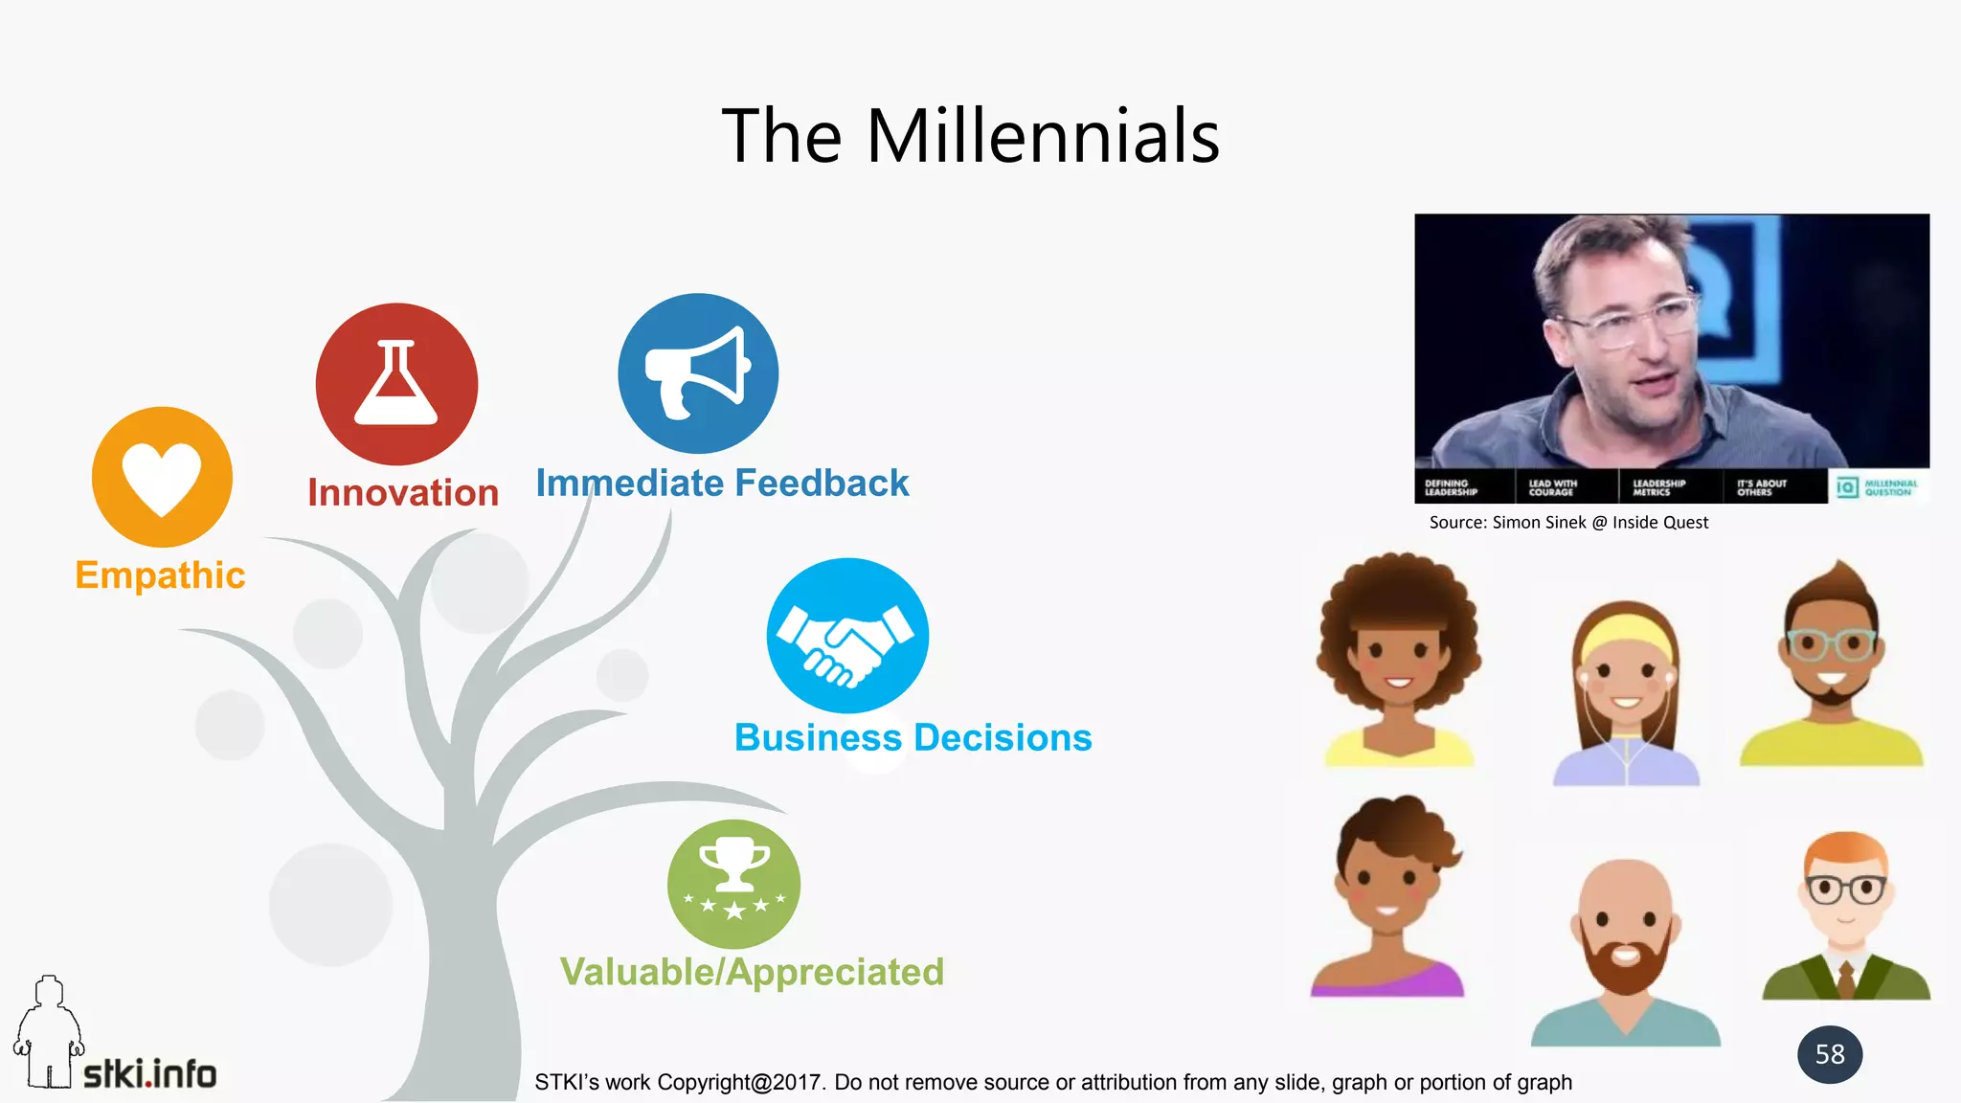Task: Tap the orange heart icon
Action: coord(162,477)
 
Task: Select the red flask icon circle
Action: coord(396,384)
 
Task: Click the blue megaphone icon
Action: coord(698,373)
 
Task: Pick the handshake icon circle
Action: coord(847,636)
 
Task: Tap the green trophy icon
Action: coord(733,883)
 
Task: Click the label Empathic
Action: coord(160,575)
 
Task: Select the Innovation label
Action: coord(403,493)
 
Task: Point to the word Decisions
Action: coord(1003,738)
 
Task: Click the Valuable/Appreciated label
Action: coord(752,972)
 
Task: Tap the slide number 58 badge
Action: coord(1829,1054)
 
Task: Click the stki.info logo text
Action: coord(149,1074)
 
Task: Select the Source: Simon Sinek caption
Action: coord(1567,523)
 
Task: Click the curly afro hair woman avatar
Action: coord(1398,656)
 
